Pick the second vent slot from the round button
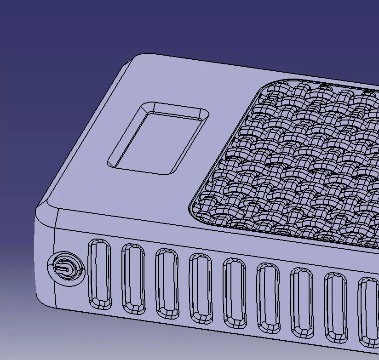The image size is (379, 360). tap(133, 280)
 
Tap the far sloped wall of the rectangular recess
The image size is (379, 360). tap(177, 109)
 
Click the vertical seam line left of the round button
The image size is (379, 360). tap(56, 257)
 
